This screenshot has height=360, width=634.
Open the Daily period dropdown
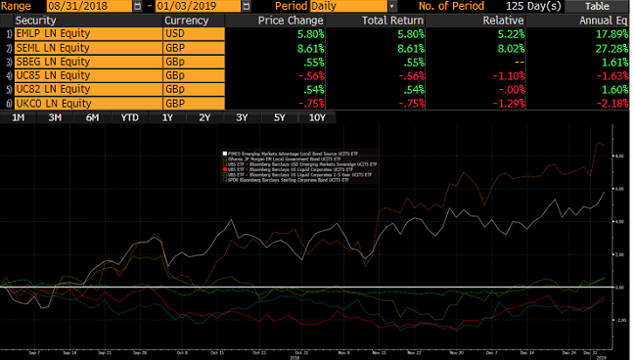[391, 6]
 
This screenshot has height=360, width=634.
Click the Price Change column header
[290, 20]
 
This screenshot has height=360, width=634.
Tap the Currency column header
[188, 20]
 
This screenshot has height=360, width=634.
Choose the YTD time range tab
[130, 117]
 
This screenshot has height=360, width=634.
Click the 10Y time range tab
[317, 117]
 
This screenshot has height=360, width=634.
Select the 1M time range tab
[19, 117]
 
